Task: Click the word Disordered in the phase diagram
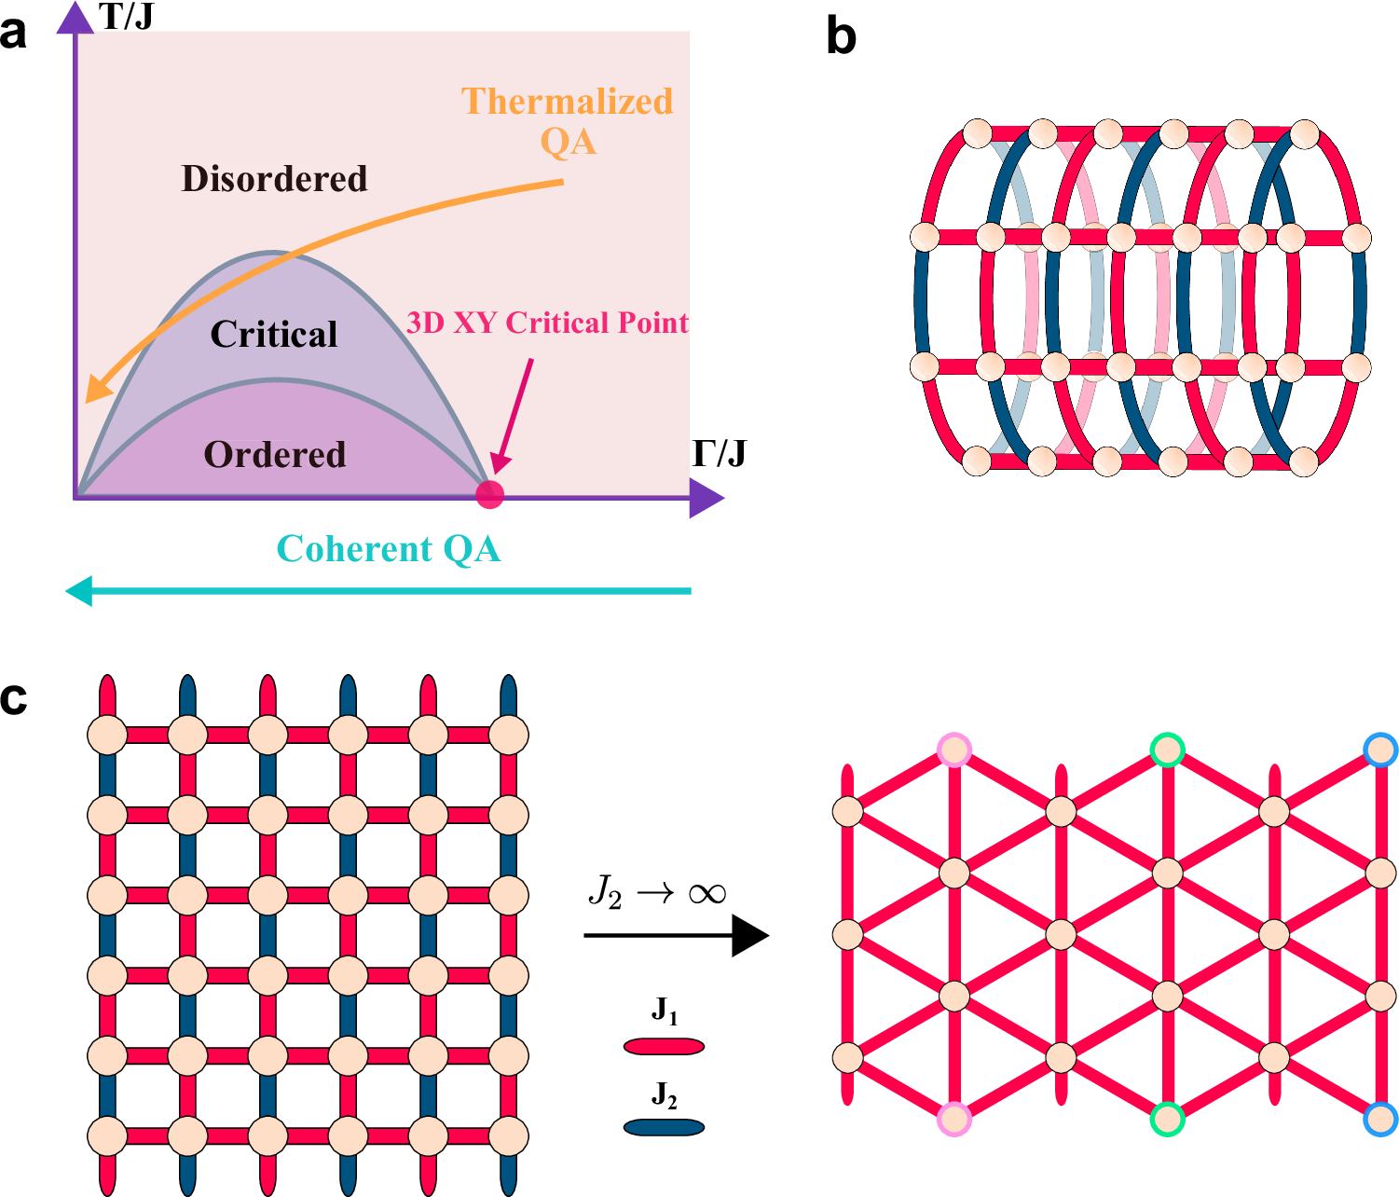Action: click(x=274, y=178)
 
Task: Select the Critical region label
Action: click(x=274, y=334)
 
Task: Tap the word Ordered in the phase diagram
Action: click(x=275, y=454)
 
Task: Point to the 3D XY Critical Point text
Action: click(x=547, y=323)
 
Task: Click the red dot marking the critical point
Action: click(x=489, y=494)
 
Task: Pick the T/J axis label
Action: click(x=126, y=16)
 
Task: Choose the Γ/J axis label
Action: click(x=719, y=453)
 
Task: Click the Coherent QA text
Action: click(x=389, y=549)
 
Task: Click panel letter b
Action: click(x=841, y=37)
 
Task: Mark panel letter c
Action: click(x=14, y=698)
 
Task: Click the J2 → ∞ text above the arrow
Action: click(x=657, y=893)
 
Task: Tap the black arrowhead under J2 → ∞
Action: click(x=749, y=935)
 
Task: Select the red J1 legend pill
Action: click(x=664, y=1046)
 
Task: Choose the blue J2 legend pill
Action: click(x=664, y=1127)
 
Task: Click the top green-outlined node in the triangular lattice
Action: click(x=1167, y=750)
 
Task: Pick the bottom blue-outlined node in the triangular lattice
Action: click(x=1380, y=1119)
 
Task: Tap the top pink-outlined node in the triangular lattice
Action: click(x=954, y=750)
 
